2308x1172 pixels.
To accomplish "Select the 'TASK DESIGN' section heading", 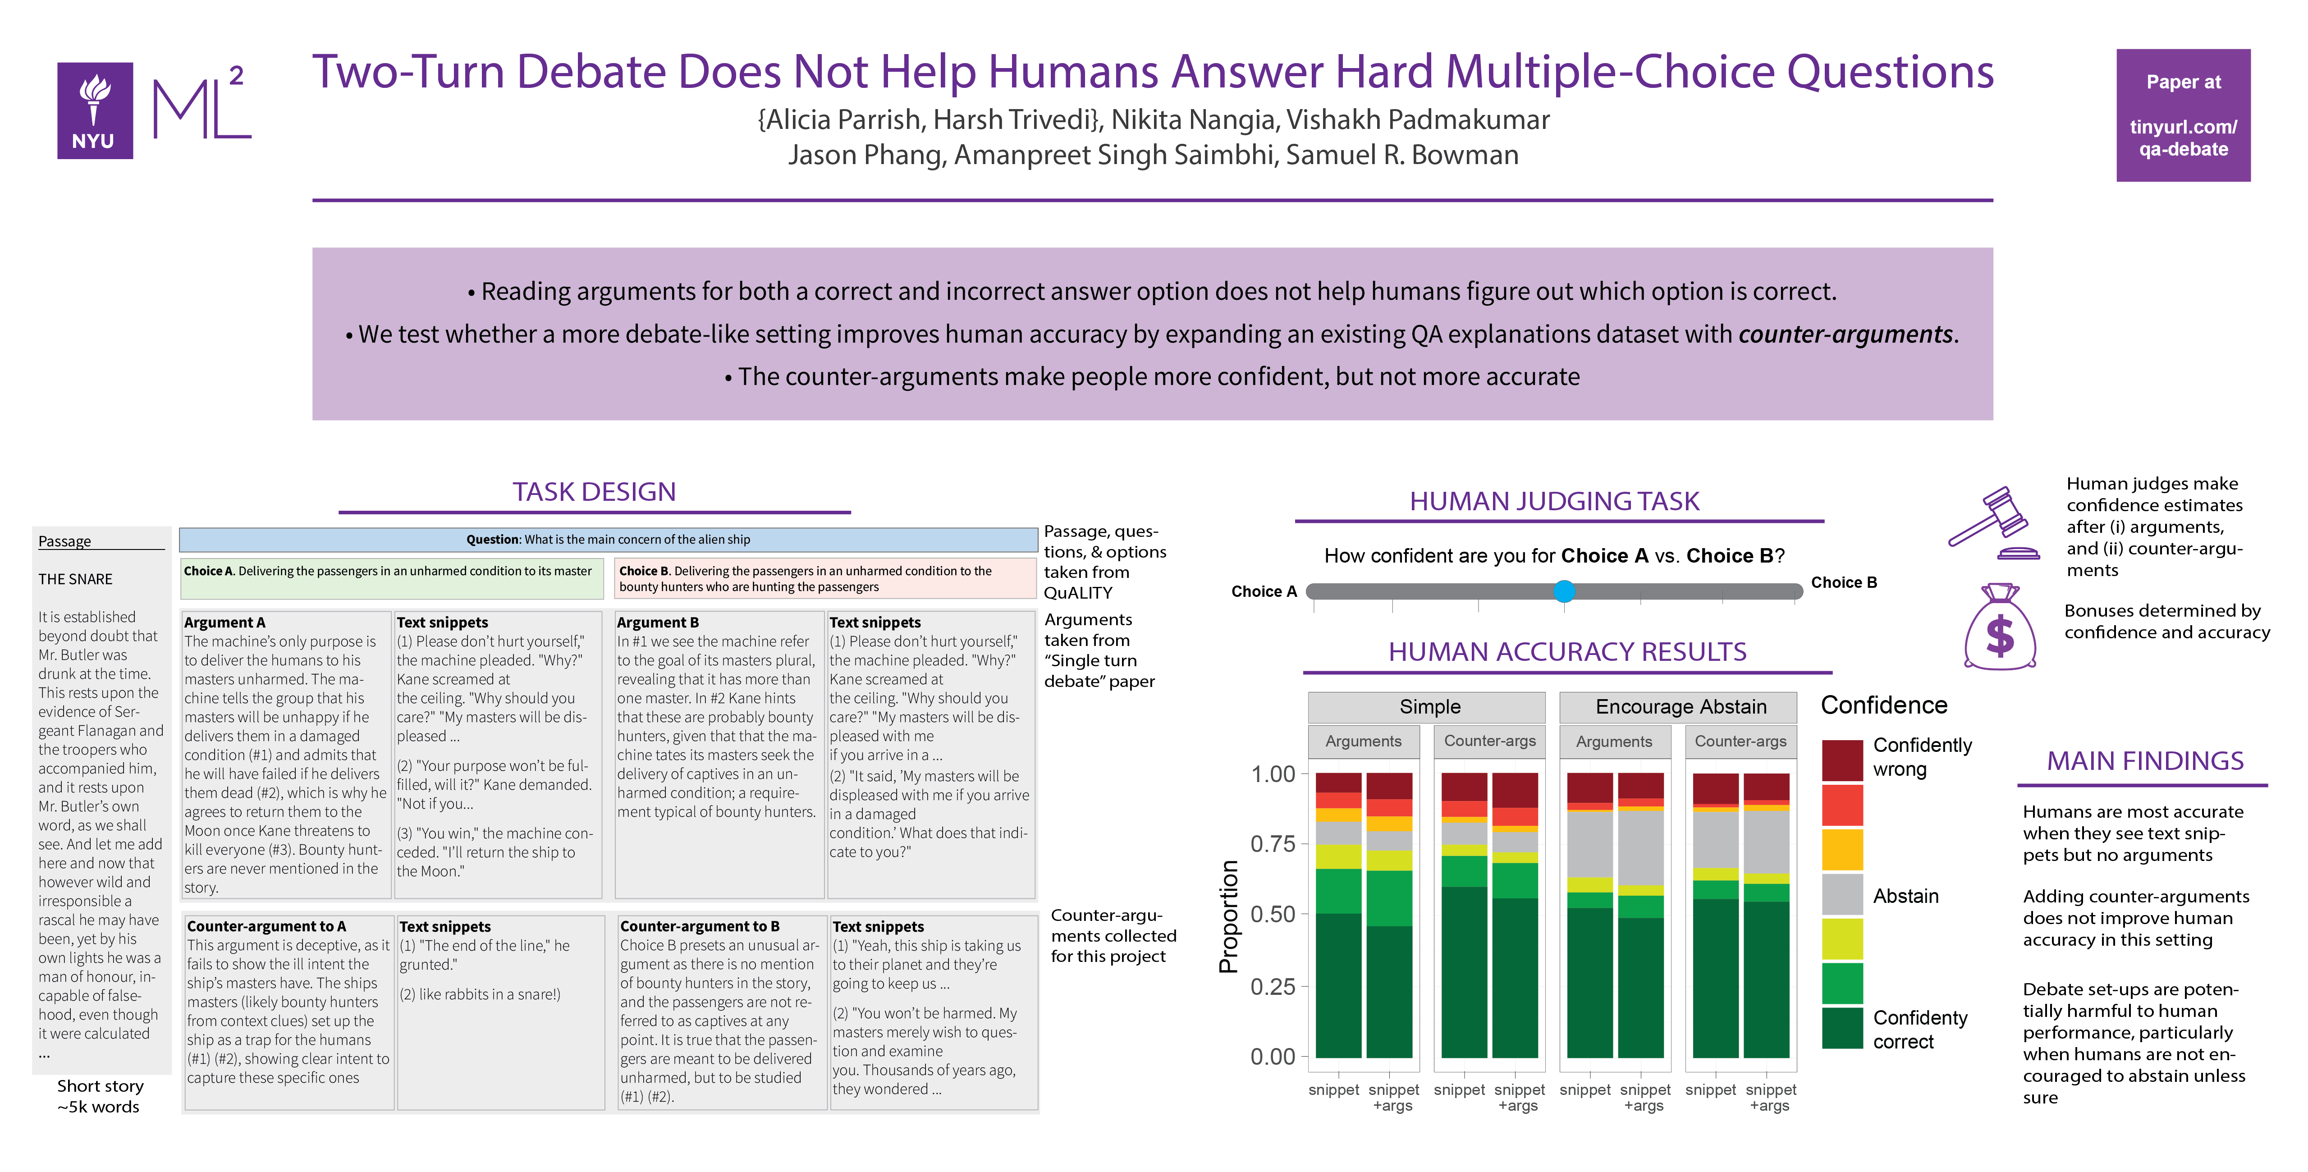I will coord(594,492).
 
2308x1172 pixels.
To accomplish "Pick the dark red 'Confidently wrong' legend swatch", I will coord(1842,760).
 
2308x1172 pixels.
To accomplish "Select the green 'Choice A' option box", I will coord(392,579).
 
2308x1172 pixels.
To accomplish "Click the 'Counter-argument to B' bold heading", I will coord(700,926).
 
